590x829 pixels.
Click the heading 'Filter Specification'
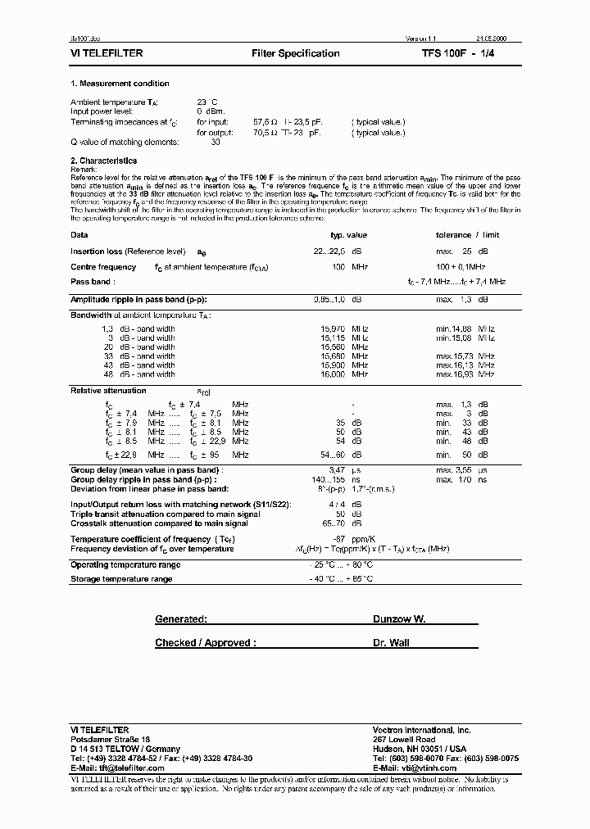(295, 53)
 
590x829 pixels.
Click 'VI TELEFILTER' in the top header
(107, 53)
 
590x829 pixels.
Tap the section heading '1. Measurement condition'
(120, 84)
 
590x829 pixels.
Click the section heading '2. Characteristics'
(103, 161)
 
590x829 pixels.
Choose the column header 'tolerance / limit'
(467, 235)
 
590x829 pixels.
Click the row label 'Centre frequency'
(103, 267)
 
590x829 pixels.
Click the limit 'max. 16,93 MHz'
(465, 374)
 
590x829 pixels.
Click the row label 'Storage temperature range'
(121, 579)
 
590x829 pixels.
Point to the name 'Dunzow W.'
(399, 620)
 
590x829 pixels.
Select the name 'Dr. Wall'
(391, 643)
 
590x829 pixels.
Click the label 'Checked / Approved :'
(205, 643)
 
